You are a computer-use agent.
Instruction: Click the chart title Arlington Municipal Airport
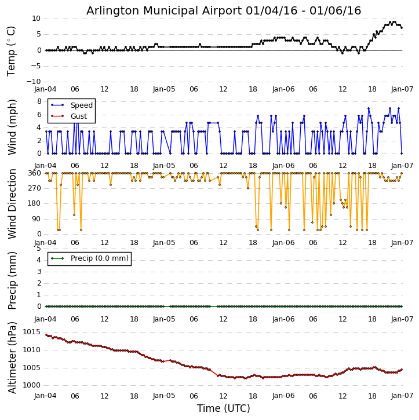(224, 10)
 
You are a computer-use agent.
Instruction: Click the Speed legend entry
(81, 105)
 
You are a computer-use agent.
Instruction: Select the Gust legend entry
(78, 116)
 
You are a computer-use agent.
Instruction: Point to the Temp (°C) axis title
(12, 50)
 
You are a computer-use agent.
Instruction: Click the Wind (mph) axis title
(12, 127)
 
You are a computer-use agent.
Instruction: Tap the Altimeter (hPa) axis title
(12, 357)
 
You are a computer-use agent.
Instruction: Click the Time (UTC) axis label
(224, 408)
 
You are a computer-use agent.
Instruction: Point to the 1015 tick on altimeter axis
(31, 332)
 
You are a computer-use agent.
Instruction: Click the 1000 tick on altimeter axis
(31, 385)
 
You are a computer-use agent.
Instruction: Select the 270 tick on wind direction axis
(34, 188)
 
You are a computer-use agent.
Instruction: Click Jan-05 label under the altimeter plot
(164, 396)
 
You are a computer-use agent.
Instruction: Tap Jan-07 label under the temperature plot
(402, 90)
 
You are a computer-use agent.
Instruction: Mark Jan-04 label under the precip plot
(45, 317)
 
